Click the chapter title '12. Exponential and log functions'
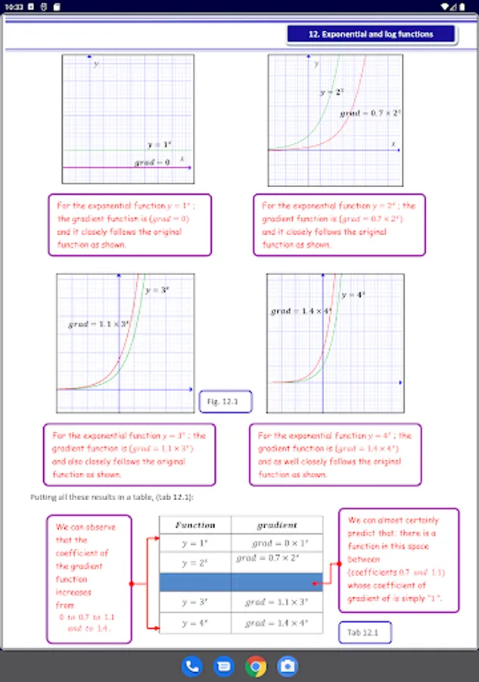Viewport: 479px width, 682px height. tap(371, 34)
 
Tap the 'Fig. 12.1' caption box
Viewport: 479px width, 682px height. tap(225, 402)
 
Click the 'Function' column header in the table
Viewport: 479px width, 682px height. tap(195, 524)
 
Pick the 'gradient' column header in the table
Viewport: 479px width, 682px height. tap(277, 524)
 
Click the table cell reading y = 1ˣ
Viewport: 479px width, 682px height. tap(195, 543)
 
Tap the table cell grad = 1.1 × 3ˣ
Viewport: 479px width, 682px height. tap(277, 602)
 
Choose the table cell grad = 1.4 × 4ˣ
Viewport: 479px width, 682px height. tap(277, 623)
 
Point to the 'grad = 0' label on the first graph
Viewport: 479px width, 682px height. tap(152, 162)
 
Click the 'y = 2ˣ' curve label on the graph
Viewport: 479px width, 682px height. tap(331, 92)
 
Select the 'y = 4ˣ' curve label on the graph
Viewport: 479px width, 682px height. tap(353, 294)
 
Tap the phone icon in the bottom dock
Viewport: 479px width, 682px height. tap(192, 666)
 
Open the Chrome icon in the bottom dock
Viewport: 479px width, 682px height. tap(256, 666)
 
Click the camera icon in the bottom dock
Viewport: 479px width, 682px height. tap(288, 666)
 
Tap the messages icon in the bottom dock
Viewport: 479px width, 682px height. tap(224, 666)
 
